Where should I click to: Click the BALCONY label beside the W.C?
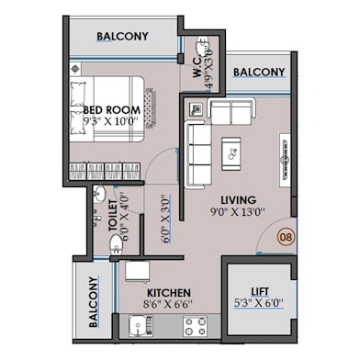pos(258,72)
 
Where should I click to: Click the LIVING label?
pos(238,200)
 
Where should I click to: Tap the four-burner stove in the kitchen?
pos(193,323)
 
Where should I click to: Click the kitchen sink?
pos(140,324)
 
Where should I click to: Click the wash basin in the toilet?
pos(99,194)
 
